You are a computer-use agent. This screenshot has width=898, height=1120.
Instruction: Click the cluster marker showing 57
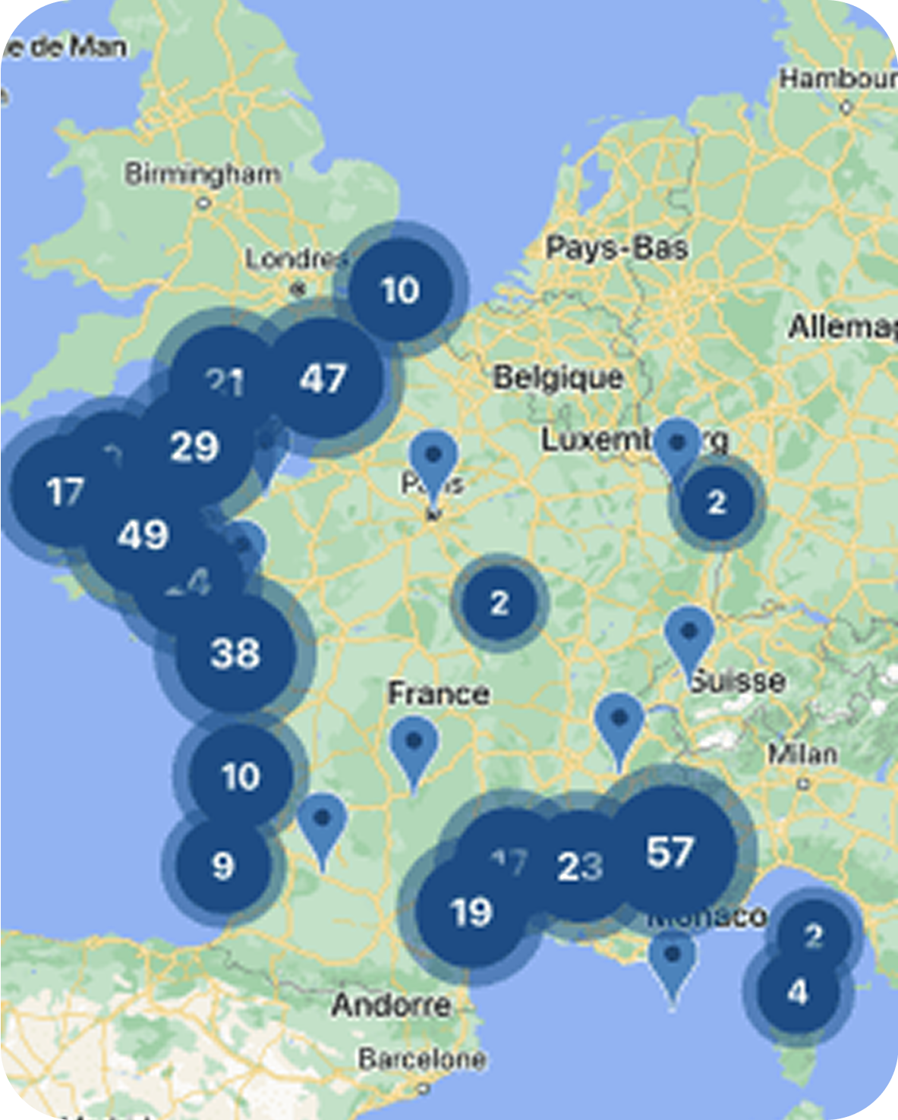point(671,851)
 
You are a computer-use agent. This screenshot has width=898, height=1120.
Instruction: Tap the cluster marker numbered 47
point(323,378)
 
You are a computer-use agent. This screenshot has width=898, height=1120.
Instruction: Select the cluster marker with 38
point(235,653)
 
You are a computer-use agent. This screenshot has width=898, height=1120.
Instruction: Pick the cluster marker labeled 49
point(143,536)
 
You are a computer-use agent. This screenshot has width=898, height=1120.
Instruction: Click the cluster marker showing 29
point(194,446)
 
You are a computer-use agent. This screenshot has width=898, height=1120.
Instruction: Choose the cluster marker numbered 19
point(471,912)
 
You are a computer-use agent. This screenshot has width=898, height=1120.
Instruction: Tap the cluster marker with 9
point(222,866)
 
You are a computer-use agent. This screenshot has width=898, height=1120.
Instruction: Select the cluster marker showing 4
point(797,992)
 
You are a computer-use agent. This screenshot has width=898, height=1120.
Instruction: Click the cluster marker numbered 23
point(580,867)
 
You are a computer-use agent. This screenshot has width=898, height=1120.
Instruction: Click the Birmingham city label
point(203,175)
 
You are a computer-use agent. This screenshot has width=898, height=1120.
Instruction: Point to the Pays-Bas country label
point(616,247)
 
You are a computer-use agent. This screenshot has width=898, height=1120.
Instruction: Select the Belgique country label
point(558,377)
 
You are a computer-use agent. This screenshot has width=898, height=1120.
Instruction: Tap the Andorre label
point(392,1005)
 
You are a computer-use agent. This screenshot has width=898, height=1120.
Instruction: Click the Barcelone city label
point(422,1059)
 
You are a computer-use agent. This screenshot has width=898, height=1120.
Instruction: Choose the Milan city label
point(802,754)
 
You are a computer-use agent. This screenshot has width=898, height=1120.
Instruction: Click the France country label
point(438,693)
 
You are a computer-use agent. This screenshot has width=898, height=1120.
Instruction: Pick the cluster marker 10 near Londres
point(400,289)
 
